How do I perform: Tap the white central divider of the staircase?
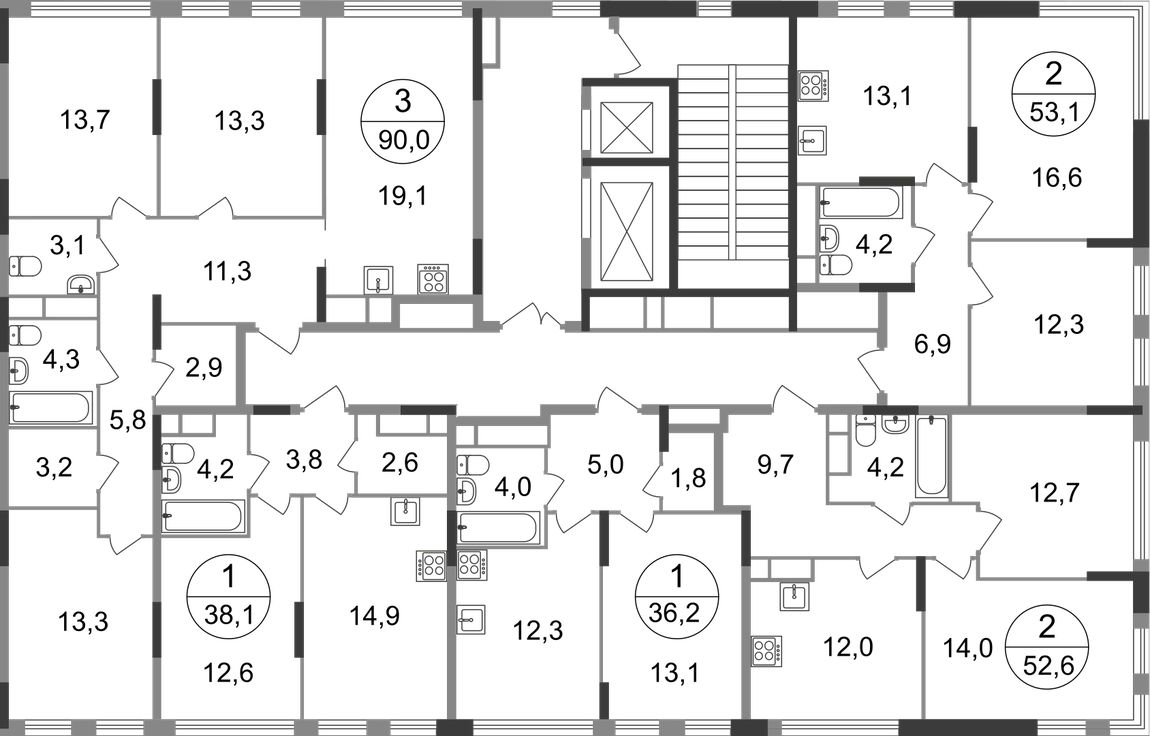point(732,160)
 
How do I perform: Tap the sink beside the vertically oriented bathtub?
point(897,429)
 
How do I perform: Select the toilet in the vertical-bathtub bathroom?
point(864,433)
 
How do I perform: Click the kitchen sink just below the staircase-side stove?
point(816,139)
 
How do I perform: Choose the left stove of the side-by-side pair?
point(430,566)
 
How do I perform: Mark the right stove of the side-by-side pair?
point(472,566)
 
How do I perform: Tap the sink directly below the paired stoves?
point(469,618)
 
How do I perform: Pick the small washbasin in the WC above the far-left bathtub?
point(80,285)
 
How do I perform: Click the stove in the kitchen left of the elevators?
point(432,276)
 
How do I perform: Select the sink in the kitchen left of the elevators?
point(377,278)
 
